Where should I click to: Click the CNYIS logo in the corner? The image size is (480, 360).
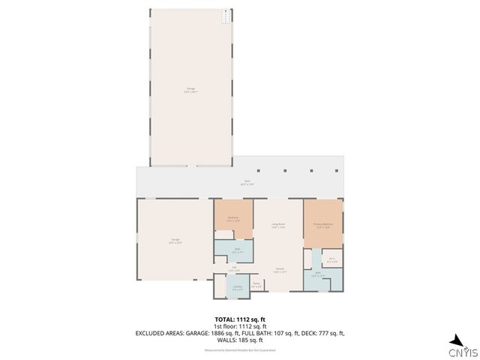coord(461,346)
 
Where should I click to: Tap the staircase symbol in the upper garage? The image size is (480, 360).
coord(226,16)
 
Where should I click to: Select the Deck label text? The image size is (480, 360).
coord(247,181)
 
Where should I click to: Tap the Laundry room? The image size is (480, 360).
coord(237,286)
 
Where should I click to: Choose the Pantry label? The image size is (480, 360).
coord(256,284)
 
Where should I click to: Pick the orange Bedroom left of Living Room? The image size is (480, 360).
coord(233,219)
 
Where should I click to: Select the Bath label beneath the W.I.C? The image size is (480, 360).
coord(318,274)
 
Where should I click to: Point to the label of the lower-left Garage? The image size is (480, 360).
coord(174,240)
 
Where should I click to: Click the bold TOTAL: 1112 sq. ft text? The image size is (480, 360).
coord(240,319)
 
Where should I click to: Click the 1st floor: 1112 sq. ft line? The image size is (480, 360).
coord(240,325)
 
